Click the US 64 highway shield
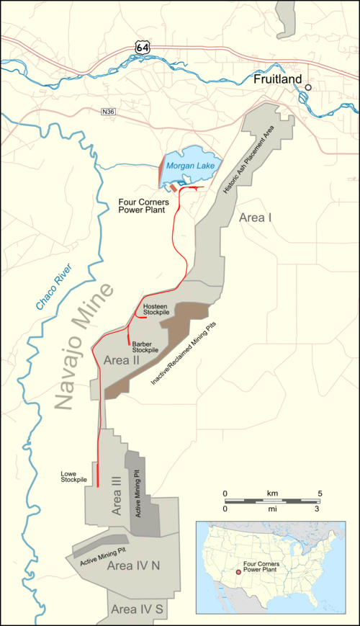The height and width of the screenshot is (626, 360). coord(142,46)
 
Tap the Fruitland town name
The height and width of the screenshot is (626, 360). coord(276,81)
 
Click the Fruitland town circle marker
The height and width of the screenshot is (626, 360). coord(308,87)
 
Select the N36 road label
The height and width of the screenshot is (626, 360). coord(108,112)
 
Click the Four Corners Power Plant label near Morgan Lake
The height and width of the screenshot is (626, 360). coord(143,207)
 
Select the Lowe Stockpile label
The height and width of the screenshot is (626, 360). coord(74,476)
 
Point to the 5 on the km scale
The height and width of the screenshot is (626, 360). coord(320,493)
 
